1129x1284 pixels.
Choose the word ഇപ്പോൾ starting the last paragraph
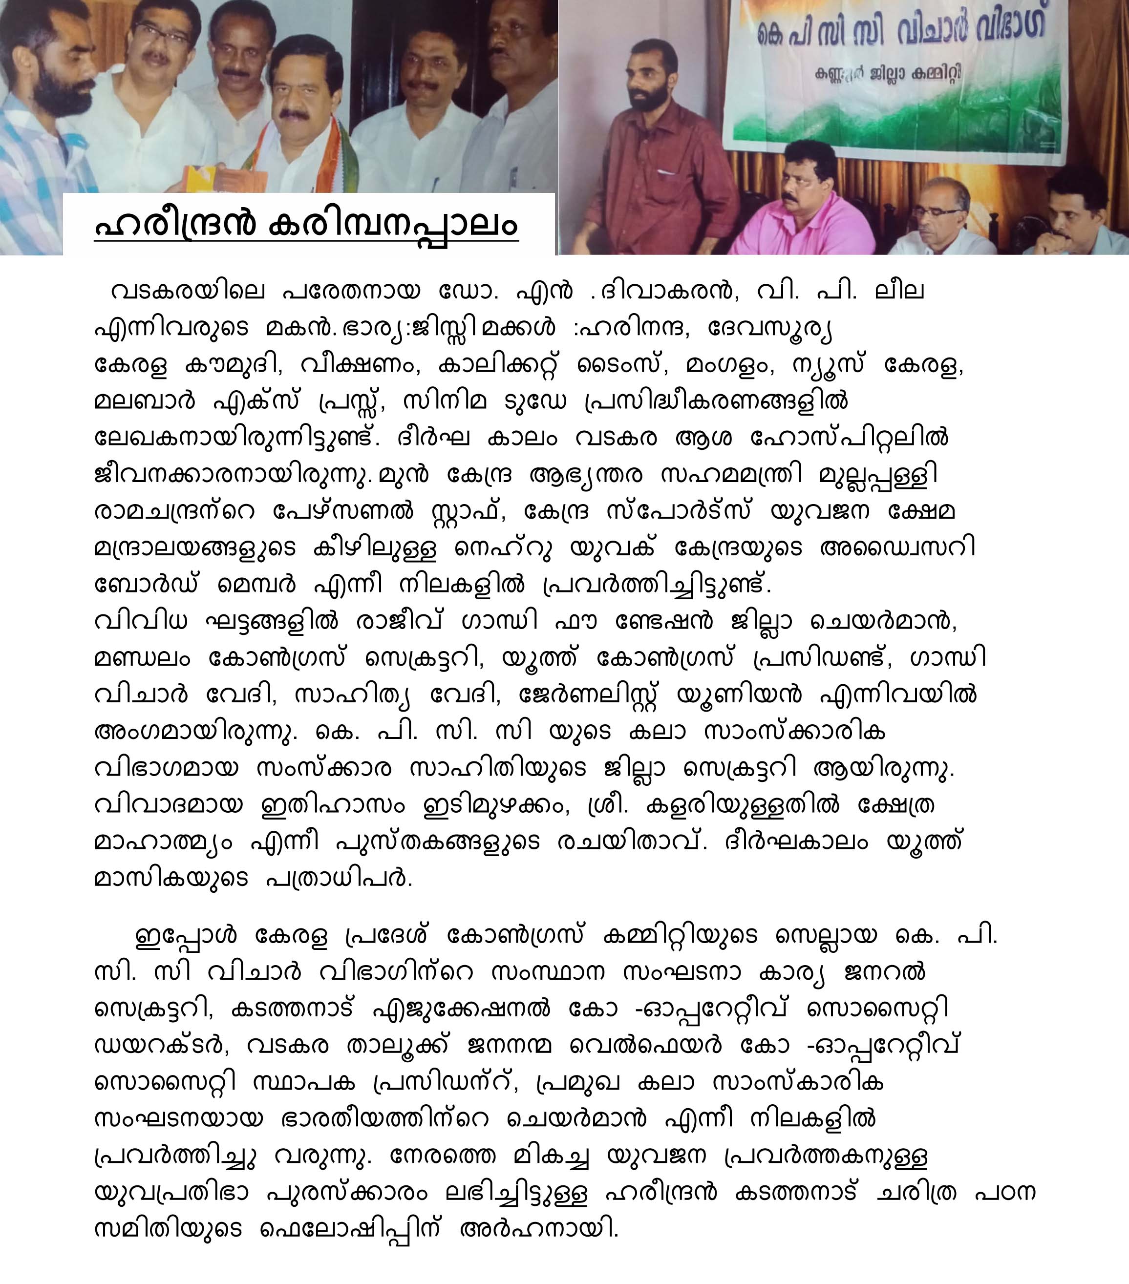click(x=186, y=936)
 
